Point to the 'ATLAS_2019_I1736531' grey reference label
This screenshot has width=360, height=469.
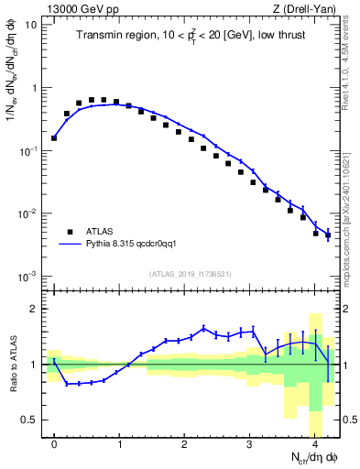[x=191, y=274]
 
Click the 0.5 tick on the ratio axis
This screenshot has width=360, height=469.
[x=32, y=420]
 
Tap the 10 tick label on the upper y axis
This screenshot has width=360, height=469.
[x=32, y=25]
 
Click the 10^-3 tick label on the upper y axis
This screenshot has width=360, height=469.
[x=29, y=277]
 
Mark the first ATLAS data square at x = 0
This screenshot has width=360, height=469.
[x=54, y=138]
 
